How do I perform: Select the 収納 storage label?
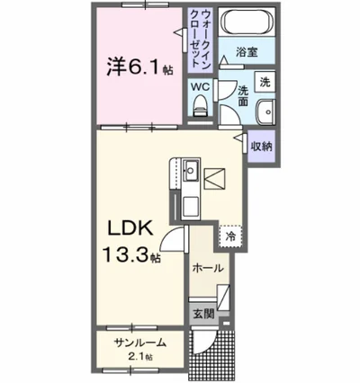262,146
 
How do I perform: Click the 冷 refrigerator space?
230,236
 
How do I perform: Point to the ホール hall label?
207,268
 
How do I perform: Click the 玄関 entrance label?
202,314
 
